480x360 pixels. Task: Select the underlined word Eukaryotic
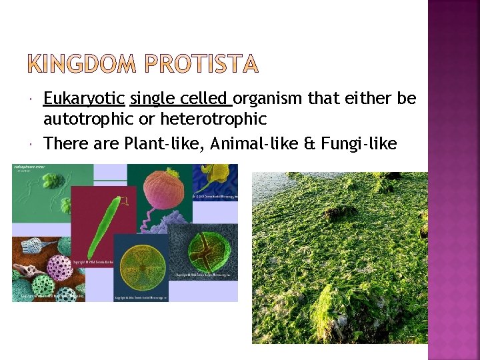click(84, 99)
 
